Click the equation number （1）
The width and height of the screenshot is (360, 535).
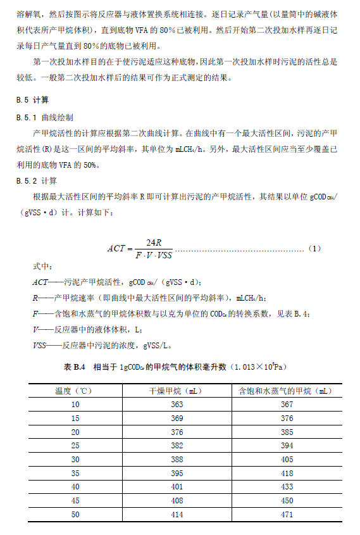click(x=315, y=248)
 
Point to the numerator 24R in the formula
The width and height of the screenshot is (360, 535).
click(x=154, y=242)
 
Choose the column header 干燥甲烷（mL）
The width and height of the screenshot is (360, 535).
click(x=177, y=391)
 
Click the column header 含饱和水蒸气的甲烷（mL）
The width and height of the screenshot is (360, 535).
click(x=287, y=391)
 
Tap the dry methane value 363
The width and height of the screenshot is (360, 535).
click(x=177, y=404)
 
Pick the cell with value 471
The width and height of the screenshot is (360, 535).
click(x=287, y=515)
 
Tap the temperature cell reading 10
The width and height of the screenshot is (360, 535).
click(x=75, y=404)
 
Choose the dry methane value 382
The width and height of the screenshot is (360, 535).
click(x=177, y=446)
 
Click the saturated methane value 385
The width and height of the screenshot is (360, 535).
click(x=287, y=432)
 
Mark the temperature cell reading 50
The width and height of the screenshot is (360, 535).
click(x=75, y=515)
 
